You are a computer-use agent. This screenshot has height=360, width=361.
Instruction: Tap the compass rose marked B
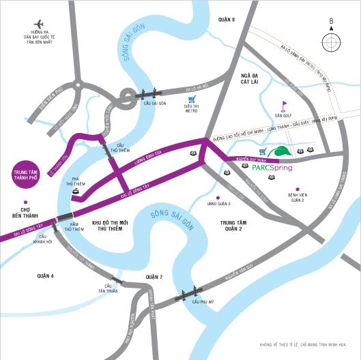point(331,42)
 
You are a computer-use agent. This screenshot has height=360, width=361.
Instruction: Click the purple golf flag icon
point(284,106)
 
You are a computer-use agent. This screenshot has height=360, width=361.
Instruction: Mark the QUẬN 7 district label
point(154,276)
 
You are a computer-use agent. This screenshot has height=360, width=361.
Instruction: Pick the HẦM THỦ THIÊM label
point(73,227)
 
